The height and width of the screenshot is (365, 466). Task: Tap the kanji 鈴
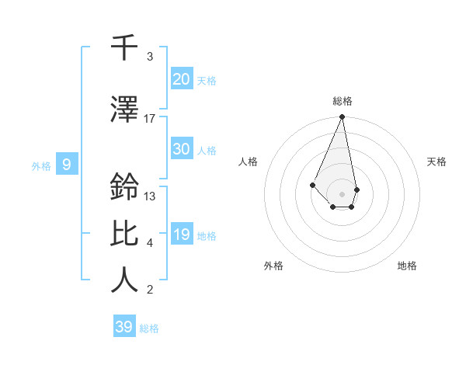pos(125,187)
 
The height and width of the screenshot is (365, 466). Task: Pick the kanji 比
pos(125,233)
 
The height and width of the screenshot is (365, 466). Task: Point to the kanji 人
pos(125,280)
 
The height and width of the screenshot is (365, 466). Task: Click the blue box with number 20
pos(181,79)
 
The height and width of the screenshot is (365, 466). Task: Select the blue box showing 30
pos(181,149)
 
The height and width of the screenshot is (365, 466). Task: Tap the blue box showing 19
pos(181,235)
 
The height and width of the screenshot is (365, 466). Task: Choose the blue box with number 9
pos(67,165)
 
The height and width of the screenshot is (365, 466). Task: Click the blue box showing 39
pos(124,327)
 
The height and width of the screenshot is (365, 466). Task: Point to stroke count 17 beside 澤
pos(150,118)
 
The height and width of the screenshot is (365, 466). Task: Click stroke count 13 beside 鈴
pos(150,196)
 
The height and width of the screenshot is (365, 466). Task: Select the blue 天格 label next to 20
pos(206,80)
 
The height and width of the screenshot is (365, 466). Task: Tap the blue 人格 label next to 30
pos(206,150)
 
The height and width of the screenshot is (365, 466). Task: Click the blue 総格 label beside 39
pos(149,328)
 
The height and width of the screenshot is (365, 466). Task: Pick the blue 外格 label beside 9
pos(40,165)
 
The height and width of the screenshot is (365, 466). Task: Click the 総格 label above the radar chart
pos(342,101)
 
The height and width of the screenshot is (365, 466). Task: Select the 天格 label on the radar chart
pos(436,162)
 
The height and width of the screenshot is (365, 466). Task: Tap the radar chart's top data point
pos(342,117)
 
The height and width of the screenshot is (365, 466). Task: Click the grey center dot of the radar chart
pos(342,193)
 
